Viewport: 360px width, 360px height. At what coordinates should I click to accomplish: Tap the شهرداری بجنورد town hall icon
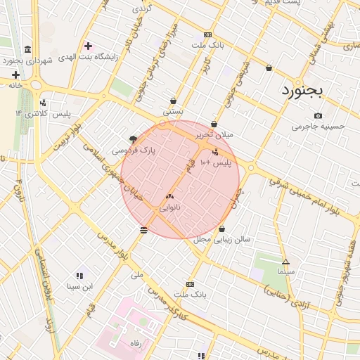[27, 50]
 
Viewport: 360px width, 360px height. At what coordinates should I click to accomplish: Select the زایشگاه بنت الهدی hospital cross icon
[88, 46]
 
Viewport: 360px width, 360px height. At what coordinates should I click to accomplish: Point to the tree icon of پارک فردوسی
[134, 139]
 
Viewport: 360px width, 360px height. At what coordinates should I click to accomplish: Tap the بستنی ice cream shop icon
[173, 101]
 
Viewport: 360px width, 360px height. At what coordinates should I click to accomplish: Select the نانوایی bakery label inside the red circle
[170, 208]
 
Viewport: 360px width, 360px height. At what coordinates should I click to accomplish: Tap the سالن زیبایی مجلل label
[222, 240]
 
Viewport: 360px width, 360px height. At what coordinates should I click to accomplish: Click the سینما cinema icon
[285, 260]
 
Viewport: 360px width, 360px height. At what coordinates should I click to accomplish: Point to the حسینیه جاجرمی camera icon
[319, 116]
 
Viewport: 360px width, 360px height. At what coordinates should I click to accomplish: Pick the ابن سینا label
[79, 286]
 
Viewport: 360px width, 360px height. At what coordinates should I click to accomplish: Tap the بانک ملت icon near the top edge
[207, 34]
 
